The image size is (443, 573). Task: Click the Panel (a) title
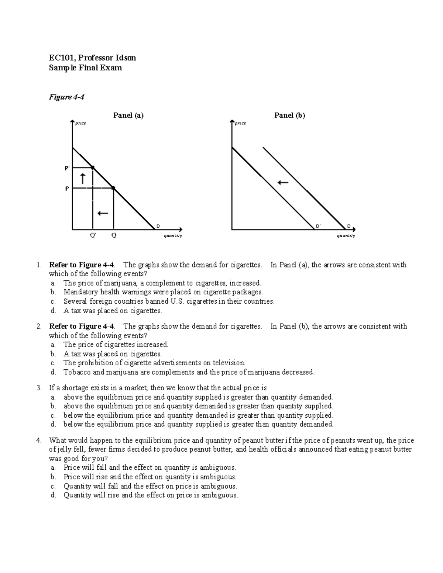pyautogui.click(x=128, y=115)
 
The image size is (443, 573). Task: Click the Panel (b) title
pyautogui.click(x=289, y=115)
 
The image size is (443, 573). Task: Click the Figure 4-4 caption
pyautogui.click(x=67, y=97)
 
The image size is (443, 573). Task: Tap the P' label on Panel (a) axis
pyautogui.click(x=67, y=168)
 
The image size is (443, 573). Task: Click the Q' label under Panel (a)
pyautogui.click(x=93, y=235)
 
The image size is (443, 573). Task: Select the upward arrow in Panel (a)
pyautogui.click(x=83, y=179)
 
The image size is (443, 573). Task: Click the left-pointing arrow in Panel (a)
pyautogui.click(x=102, y=213)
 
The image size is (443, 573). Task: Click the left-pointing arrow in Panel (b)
pyautogui.click(x=283, y=182)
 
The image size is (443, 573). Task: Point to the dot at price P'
pyautogui.click(x=93, y=168)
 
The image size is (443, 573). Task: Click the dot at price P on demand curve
pyautogui.click(x=113, y=188)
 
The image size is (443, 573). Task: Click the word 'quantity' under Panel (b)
pyautogui.click(x=346, y=236)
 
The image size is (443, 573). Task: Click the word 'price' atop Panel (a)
pyautogui.click(x=80, y=123)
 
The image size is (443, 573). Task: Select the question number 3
pyautogui.click(x=38, y=388)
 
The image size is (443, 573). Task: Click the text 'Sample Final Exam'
pyautogui.click(x=85, y=68)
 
